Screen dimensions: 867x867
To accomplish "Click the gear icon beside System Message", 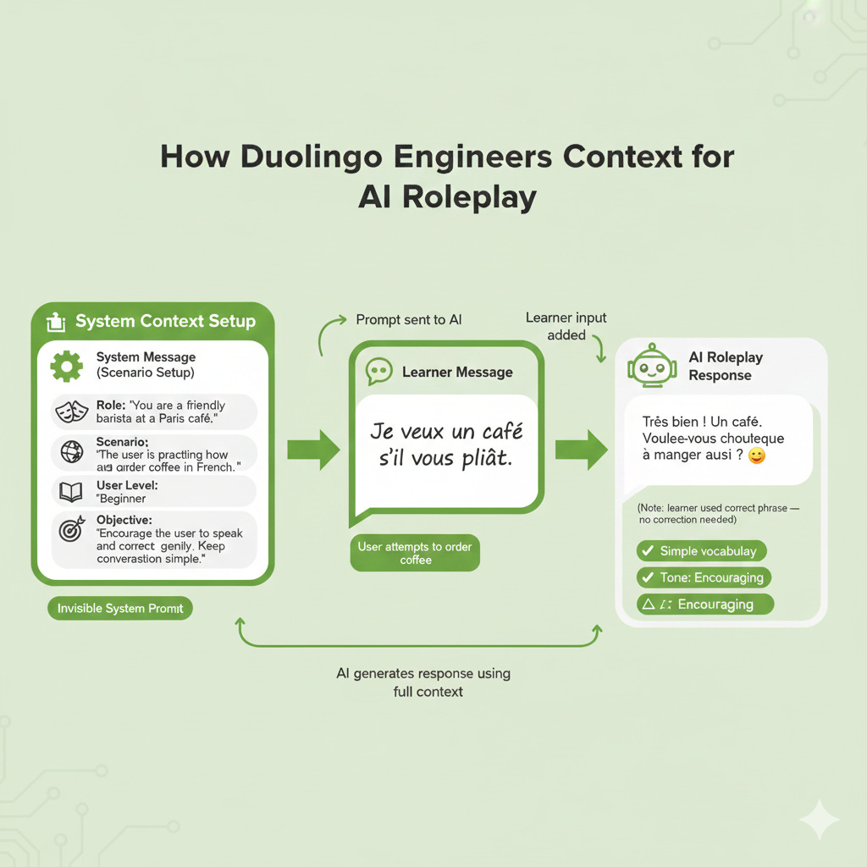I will pyautogui.click(x=67, y=366).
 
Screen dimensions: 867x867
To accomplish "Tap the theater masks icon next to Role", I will pyautogui.click(x=70, y=412).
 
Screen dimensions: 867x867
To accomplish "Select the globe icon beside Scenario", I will pyautogui.click(x=71, y=453).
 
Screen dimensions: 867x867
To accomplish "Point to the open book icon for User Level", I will pyautogui.click(x=70, y=492).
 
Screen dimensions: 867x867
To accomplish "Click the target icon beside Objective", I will pyautogui.click(x=71, y=530).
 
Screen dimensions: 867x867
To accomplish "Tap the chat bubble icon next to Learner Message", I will pyautogui.click(x=378, y=372).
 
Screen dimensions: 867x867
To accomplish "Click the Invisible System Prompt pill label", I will pyautogui.click(x=120, y=608).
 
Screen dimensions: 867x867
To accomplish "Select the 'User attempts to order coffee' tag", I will pyautogui.click(x=415, y=553).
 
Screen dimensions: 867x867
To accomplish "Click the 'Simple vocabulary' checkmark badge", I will pyautogui.click(x=701, y=551).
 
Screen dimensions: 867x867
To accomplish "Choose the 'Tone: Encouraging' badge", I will pyautogui.click(x=703, y=577).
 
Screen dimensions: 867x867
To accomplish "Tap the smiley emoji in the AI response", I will pyautogui.click(x=757, y=456).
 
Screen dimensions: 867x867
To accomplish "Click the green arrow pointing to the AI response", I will pyautogui.click(x=581, y=449).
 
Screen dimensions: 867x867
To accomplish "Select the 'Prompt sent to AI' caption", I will pyautogui.click(x=408, y=320).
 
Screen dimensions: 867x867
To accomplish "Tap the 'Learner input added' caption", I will pyautogui.click(x=566, y=326).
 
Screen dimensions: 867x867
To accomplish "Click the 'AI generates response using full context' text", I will pyautogui.click(x=423, y=682).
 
